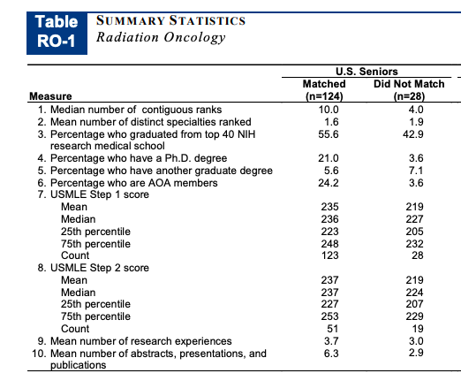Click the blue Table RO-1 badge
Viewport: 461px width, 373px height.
(57, 34)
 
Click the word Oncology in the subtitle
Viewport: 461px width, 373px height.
(194, 38)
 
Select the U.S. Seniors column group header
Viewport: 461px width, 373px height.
(367, 72)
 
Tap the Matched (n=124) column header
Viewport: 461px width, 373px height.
(324, 90)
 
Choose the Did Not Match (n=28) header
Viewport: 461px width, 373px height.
(409, 90)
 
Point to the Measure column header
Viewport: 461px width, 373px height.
(50, 96)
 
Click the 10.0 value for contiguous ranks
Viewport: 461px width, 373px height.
(329, 110)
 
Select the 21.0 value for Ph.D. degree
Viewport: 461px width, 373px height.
(329, 158)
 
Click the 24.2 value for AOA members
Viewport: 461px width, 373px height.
(329, 183)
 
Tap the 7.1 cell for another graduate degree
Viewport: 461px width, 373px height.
(416, 171)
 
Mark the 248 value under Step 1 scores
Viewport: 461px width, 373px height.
(329, 244)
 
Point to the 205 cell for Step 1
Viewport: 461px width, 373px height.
(414, 232)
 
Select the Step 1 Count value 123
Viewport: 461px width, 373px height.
(329, 255)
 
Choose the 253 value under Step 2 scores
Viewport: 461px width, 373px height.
(329, 316)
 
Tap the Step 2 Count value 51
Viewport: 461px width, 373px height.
(333, 329)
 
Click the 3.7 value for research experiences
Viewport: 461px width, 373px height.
(331, 341)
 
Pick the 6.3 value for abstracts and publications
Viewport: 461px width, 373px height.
(331, 354)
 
